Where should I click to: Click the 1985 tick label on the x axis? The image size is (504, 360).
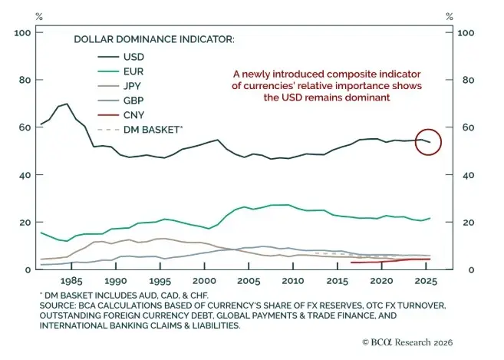[72, 281]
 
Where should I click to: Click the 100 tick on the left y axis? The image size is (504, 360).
[22, 33]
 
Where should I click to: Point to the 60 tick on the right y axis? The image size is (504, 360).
[463, 128]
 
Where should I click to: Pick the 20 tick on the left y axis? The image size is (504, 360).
[25, 223]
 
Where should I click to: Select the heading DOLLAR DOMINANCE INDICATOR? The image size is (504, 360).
[153, 38]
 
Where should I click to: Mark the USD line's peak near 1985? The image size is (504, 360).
[66, 104]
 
